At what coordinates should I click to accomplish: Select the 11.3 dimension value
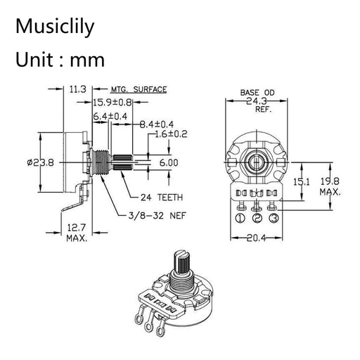pos(77,89)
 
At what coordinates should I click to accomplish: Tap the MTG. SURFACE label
pos(138,90)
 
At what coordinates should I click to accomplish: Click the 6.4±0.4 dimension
pos(110,115)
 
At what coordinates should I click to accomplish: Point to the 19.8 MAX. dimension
pos(330,185)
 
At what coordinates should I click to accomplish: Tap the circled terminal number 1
pos(240,218)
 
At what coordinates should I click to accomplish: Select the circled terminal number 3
pos(274,218)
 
